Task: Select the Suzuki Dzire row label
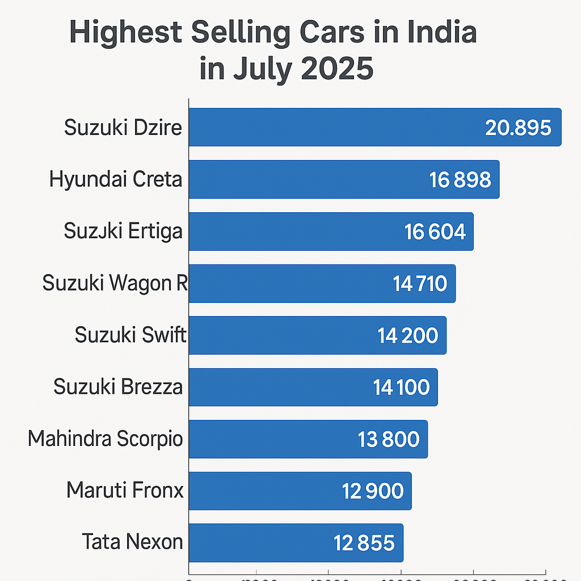point(123,127)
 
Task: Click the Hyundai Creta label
point(116,179)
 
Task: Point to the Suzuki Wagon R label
point(115,283)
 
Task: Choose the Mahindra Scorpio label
point(105,439)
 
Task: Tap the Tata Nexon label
point(132,542)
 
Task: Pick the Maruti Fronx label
point(125,490)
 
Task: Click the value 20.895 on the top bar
point(518,128)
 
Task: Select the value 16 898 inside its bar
point(460,180)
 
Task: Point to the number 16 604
point(435,231)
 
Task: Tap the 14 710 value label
point(420,284)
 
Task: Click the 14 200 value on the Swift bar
point(408,335)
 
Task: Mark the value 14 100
point(401,388)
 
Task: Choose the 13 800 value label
point(389,439)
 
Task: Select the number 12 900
point(373,491)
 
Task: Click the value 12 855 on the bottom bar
point(364,543)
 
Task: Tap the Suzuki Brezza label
point(118,387)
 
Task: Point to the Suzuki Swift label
point(130,335)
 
